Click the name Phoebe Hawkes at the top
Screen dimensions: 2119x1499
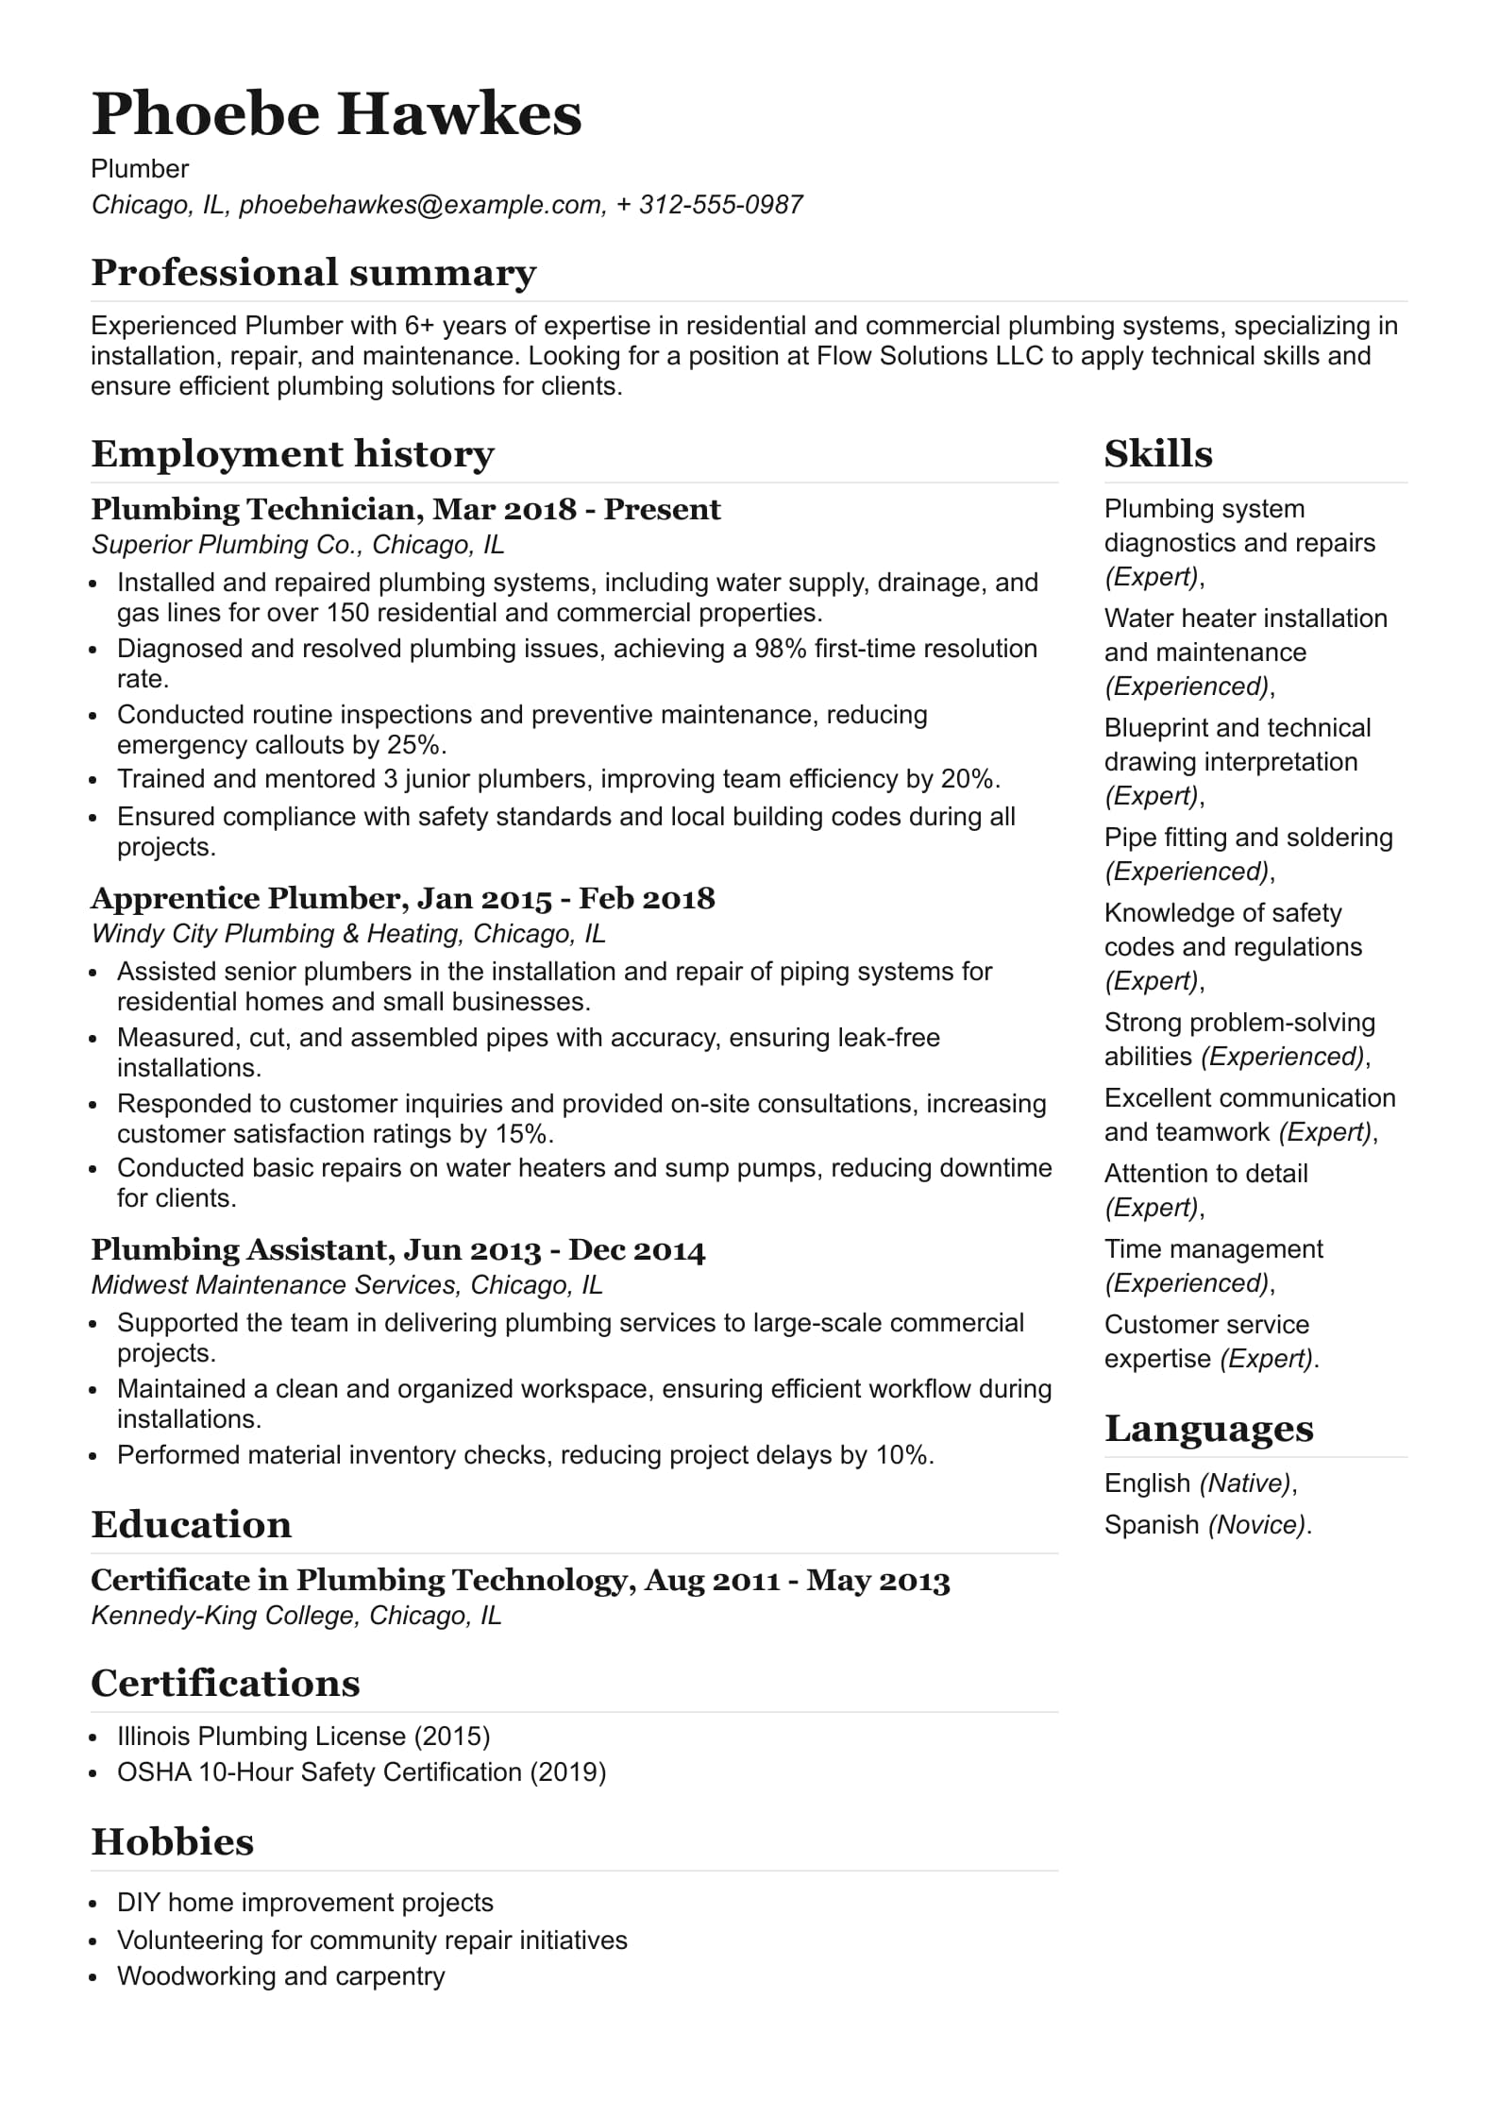(x=336, y=114)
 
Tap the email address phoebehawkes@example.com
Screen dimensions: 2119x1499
(x=421, y=205)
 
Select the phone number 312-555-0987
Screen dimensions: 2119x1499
(x=720, y=205)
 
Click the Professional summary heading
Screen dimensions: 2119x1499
(x=313, y=273)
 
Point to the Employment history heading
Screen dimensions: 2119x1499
(x=293, y=454)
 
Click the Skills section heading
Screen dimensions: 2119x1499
(x=1158, y=454)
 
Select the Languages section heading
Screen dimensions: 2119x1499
(x=1208, y=1429)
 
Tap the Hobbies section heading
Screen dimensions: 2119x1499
(x=173, y=1842)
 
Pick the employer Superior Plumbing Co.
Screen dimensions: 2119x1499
(x=227, y=545)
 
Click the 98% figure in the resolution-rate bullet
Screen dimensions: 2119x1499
(x=780, y=649)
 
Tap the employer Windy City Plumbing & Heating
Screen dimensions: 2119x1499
(x=277, y=934)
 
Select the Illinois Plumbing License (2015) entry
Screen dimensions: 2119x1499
(x=303, y=1737)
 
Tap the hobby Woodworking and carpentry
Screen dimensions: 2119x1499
(x=280, y=1976)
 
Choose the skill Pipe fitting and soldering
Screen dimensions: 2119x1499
(x=1248, y=838)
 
